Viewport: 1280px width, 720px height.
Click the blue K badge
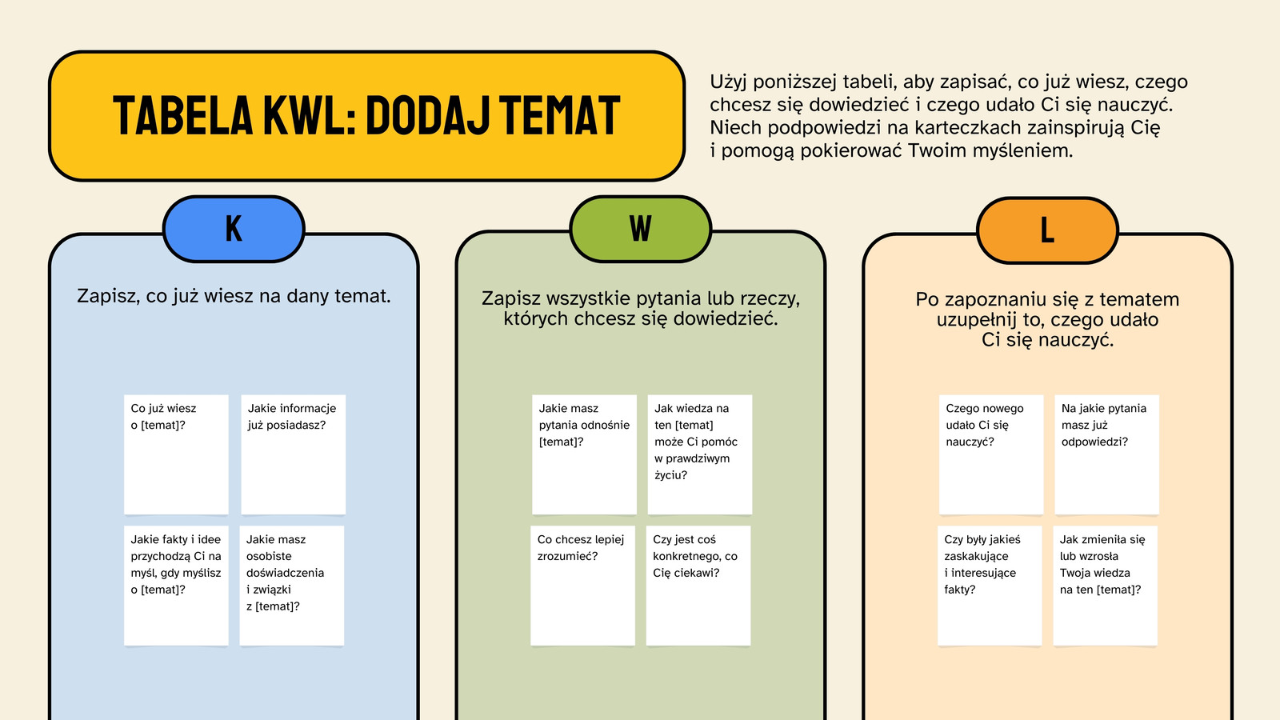click(x=234, y=229)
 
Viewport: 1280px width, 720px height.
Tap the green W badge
click(x=641, y=229)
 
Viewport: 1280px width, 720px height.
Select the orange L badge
click(x=1047, y=230)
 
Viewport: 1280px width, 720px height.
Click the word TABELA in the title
click(x=183, y=115)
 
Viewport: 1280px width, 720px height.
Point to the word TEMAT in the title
click(x=560, y=115)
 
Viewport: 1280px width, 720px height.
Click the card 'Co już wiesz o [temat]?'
click(x=176, y=454)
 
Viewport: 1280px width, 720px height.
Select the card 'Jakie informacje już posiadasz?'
click(x=293, y=454)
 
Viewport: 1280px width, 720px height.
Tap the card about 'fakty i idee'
click(x=176, y=586)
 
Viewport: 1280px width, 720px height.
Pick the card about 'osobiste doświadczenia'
click(x=291, y=586)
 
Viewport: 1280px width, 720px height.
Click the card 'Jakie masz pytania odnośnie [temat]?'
click(x=584, y=454)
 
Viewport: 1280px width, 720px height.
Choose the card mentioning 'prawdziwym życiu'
click(x=699, y=454)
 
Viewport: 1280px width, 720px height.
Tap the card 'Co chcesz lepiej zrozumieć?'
click(x=582, y=586)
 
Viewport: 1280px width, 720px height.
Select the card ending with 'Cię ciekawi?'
click(x=698, y=586)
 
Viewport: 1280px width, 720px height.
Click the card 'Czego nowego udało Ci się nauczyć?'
click(x=991, y=454)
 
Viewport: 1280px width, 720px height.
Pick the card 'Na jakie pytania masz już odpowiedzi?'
click(x=1107, y=454)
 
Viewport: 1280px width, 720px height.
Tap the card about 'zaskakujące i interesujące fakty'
click(x=990, y=586)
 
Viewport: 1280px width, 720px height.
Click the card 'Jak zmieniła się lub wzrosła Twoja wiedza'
click(x=1105, y=586)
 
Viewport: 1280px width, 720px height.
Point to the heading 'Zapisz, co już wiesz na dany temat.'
click(x=234, y=296)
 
